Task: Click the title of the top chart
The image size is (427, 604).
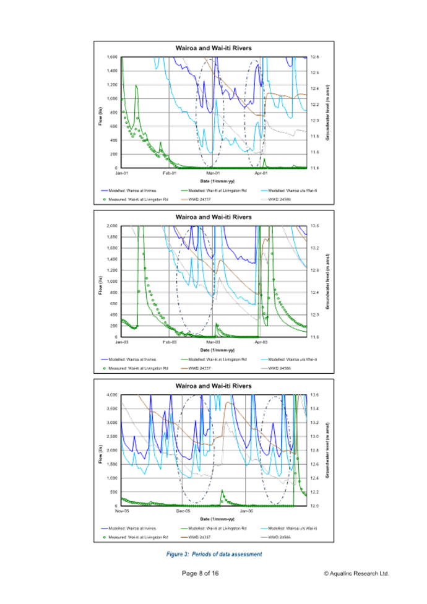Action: (213, 48)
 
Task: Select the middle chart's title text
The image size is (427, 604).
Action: (213, 217)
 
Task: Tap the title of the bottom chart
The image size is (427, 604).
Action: (213, 386)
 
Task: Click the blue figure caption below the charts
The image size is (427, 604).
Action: (213, 554)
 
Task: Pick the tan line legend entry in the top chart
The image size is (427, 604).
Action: (202, 199)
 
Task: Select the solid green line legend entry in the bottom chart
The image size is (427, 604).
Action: (214, 528)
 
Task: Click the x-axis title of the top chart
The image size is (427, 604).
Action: (213, 181)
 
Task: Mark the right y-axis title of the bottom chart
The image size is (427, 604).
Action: (326, 450)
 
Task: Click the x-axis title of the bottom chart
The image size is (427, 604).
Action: (213, 519)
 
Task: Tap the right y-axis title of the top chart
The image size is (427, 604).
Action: (326, 112)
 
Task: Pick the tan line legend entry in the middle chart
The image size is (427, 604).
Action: (202, 368)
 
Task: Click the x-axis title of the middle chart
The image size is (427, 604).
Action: (213, 350)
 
